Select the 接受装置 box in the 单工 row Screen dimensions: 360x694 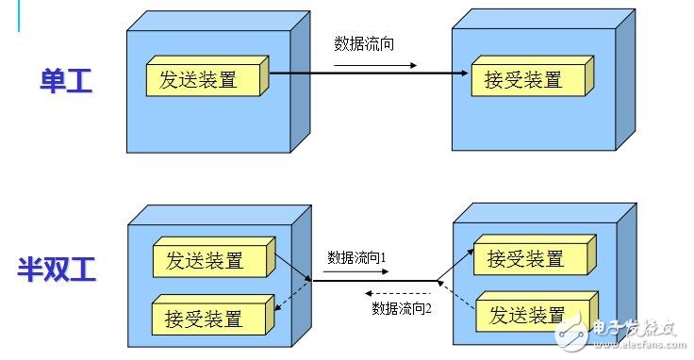523,80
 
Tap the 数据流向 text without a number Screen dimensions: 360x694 363,43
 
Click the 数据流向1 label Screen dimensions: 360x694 357,256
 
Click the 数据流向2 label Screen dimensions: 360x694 402,308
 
